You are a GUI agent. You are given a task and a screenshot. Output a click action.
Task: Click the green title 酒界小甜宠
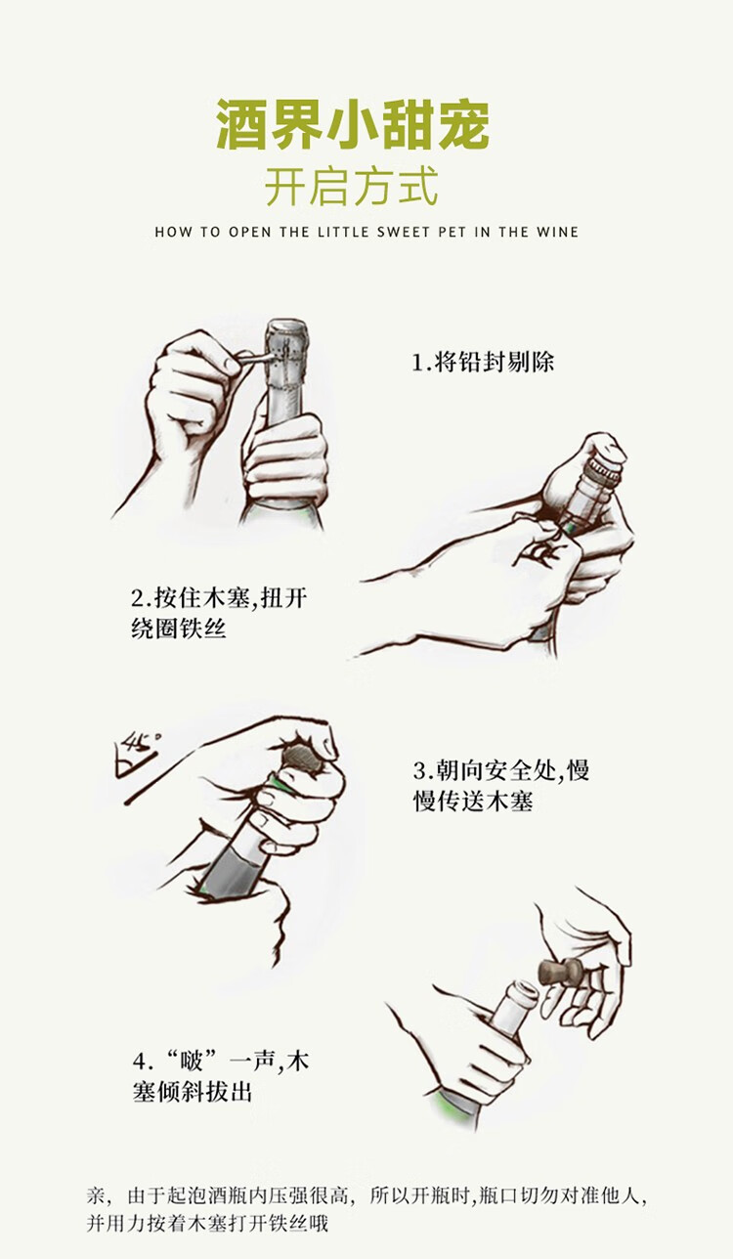353,125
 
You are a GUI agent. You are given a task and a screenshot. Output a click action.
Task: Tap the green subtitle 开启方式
352,186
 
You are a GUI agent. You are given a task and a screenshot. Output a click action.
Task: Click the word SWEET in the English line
403,232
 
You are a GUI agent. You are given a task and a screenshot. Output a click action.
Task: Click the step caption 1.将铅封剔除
483,362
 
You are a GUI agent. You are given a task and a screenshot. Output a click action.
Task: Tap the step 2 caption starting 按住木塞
219,613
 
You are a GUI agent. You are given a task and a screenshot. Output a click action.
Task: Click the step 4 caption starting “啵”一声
221,1076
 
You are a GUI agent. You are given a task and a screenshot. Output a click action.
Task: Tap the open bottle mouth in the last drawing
522,995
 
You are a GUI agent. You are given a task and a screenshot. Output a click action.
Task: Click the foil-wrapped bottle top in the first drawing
287,354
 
